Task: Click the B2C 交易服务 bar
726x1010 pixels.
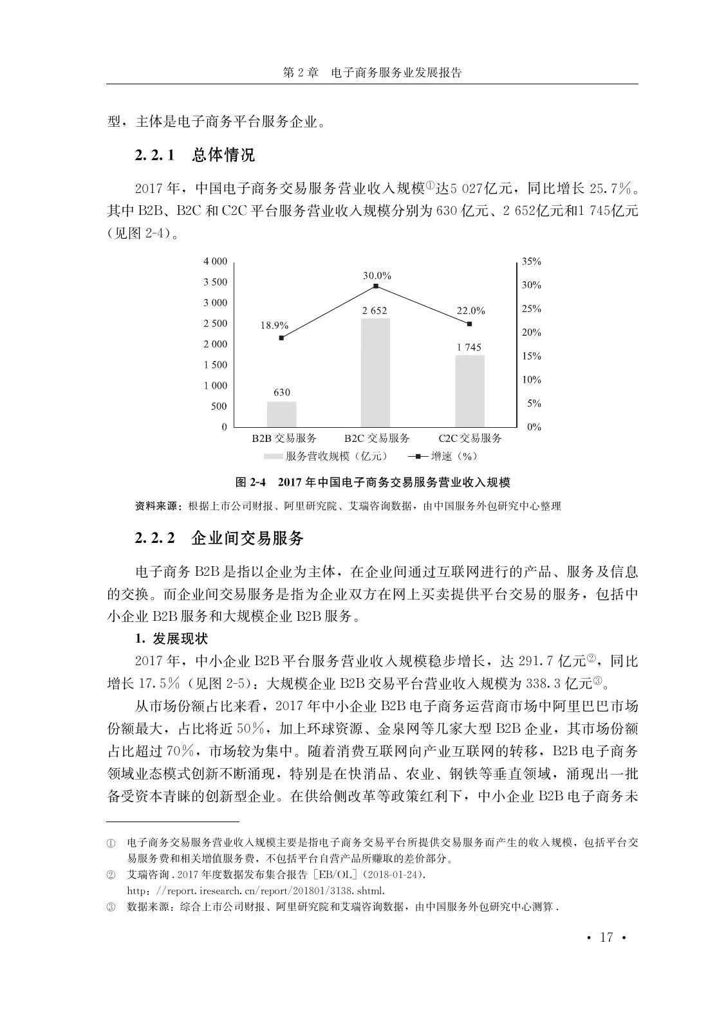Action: point(375,372)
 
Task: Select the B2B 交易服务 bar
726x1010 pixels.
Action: point(281,414)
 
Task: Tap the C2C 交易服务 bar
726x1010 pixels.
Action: point(470,390)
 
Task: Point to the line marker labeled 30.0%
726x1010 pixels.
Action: point(375,286)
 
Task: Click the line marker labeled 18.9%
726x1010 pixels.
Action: point(281,338)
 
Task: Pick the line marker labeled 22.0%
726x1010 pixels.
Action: point(470,324)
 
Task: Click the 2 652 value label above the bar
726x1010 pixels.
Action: point(375,311)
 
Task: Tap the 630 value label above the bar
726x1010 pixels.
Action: point(281,392)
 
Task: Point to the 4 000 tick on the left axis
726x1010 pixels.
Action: point(215,261)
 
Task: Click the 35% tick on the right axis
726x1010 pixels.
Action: point(531,262)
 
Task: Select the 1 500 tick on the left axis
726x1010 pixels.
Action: point(215,365)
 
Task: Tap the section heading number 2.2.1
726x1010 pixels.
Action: point(154,156)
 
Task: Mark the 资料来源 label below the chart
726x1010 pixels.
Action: point(158,506)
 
